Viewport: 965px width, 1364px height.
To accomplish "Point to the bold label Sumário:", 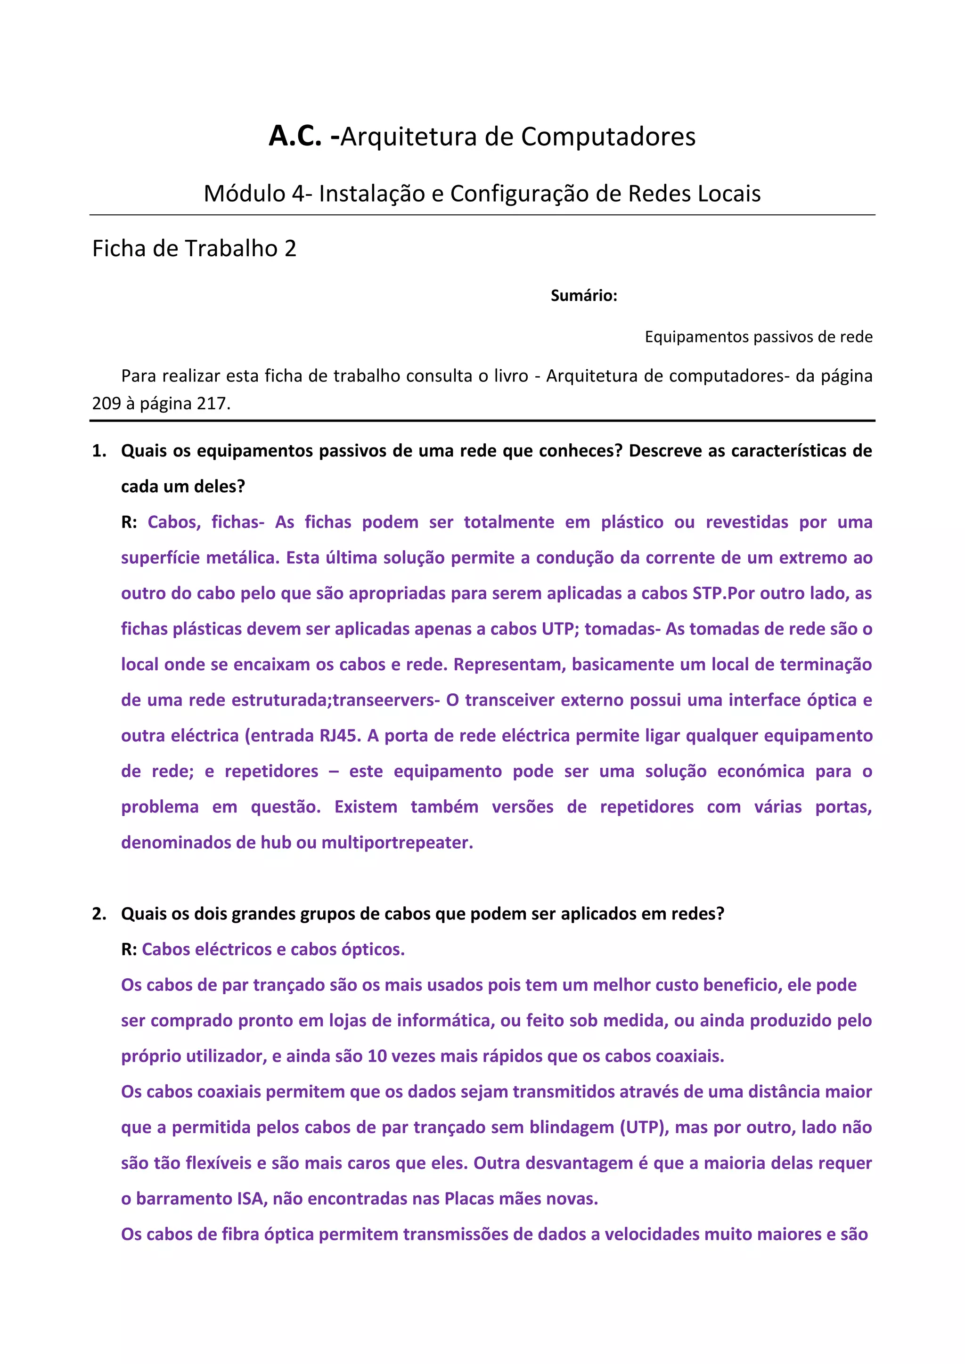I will coord(583,295).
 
